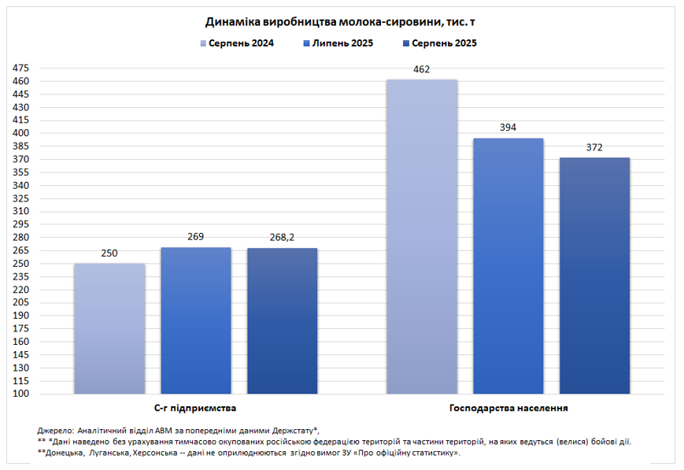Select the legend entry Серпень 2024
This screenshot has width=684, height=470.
point(236,43)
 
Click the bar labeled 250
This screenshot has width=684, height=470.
point(109,328)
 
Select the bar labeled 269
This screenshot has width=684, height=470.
point(196,320)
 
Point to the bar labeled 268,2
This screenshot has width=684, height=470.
point(283,320)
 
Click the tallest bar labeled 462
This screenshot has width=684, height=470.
point(422,236)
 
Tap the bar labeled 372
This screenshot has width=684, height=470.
point(595,276)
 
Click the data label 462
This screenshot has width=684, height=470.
point(422,70)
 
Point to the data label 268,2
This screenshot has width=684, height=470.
point(283,238)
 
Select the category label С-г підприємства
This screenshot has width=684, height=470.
point(196,409)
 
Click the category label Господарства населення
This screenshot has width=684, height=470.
point(508,409)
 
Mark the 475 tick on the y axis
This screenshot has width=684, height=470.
point(21,68)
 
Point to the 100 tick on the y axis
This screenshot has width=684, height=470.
point(21,394)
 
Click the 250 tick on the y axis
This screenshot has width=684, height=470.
point(21,264)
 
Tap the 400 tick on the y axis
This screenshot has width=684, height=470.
point(21,134)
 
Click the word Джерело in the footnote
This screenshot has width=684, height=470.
point(54,431)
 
